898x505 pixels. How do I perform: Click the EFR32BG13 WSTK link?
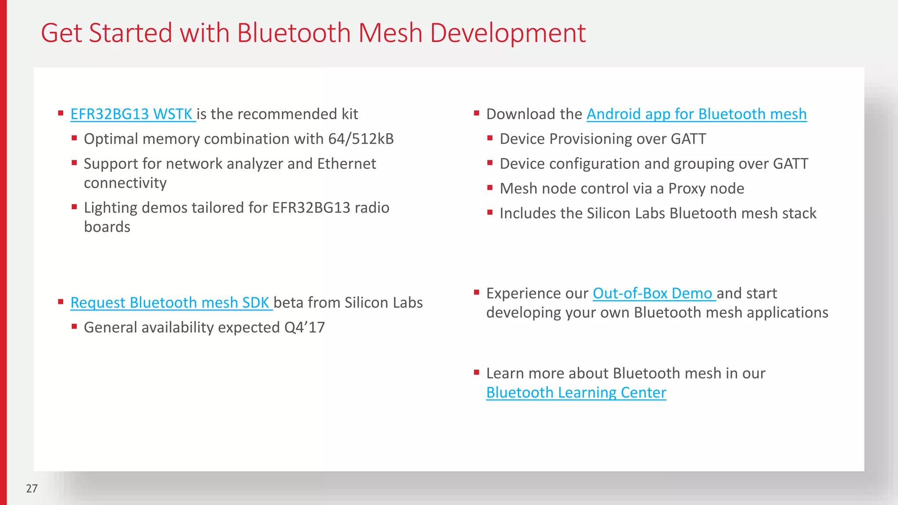click(x=132, y=114)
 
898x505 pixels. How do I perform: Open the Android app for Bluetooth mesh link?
click(x=696, y=114)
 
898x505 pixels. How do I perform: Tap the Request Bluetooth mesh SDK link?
click(x=170, y=303)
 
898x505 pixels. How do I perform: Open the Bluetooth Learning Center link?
click(x=576, y=393)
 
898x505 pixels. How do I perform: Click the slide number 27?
click(x=32, y=488)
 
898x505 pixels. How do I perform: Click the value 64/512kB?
click(x=361, y=139)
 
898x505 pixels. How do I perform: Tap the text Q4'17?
click(x=305, y=327)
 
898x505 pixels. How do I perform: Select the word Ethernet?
click(x=346, y=164)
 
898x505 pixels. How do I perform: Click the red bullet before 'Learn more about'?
click(x=477, y=373)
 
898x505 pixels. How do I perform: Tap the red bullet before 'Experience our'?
click(x=477, y=292)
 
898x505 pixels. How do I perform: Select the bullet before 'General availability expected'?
click(x=75, y=326)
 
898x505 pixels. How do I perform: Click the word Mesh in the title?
click(x=390, y=33)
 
